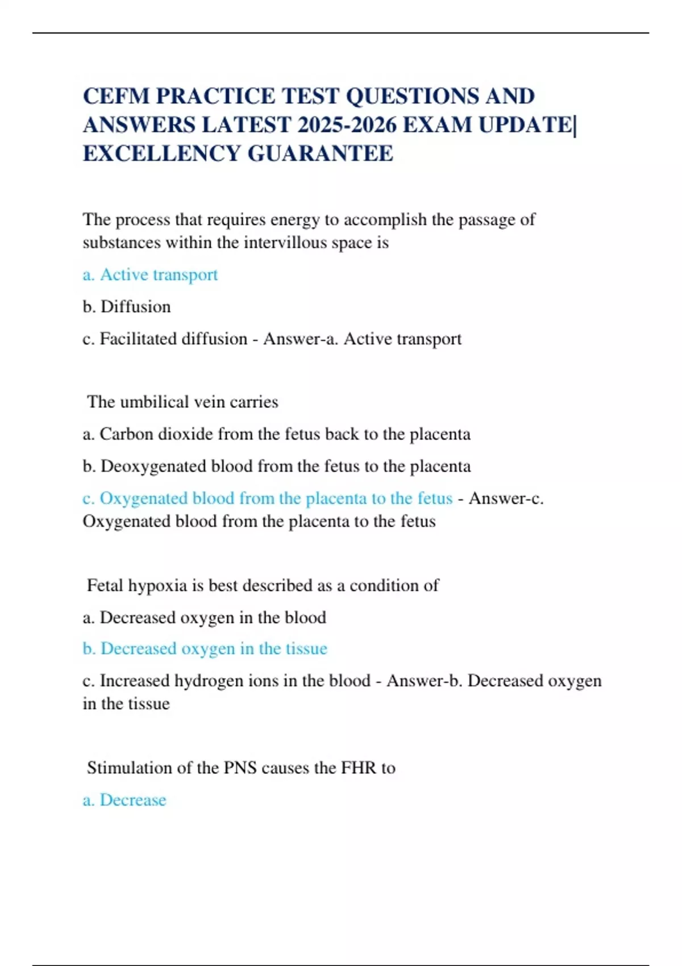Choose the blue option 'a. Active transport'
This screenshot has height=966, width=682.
tap(150, 274)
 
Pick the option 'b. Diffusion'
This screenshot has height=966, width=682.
tap(127, 307)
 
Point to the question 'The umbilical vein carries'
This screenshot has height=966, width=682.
tap(182, 402)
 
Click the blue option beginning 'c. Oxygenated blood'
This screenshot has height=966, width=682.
tap(267, 498)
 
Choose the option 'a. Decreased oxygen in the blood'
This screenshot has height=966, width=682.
tap(204, 617)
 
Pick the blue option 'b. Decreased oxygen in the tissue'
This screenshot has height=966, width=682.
tap(205, 648)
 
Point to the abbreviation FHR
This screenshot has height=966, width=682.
tap(358, 768)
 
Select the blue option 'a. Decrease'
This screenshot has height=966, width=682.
tap(124, 800)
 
